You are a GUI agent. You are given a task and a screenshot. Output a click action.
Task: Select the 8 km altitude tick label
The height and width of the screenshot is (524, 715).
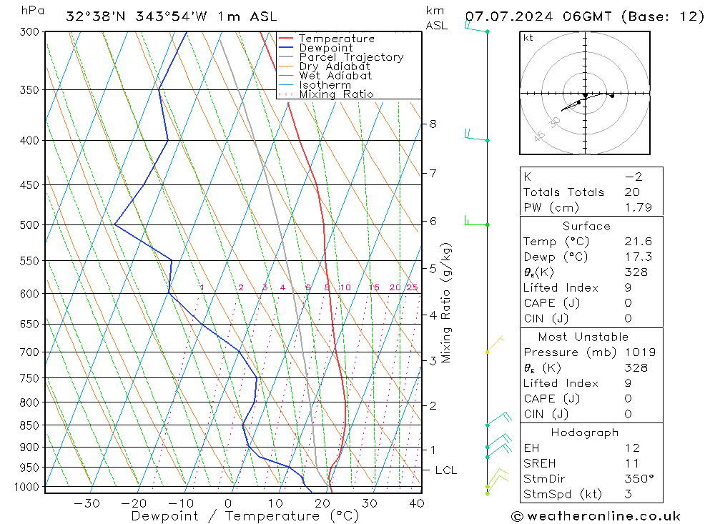click(x=433, y=124)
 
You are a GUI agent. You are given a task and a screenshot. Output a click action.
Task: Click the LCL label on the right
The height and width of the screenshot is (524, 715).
click(x=445, y=470)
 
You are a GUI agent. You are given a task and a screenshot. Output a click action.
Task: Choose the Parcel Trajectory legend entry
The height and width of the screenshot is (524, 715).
click(x=350, y=57)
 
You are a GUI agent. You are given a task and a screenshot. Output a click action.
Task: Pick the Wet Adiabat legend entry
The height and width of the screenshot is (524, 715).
click(x=335, y=76)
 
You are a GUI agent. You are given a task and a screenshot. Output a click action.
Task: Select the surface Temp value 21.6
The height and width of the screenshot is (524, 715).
click(x=637, y=242)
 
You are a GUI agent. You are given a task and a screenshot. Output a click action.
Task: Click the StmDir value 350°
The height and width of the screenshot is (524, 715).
click(x=637, y=478)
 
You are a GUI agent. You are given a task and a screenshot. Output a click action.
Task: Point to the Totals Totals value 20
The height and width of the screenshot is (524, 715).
click(x=632, y=192)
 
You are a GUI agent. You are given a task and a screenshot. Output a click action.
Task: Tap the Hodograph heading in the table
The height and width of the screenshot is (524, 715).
click(x=584, y=432)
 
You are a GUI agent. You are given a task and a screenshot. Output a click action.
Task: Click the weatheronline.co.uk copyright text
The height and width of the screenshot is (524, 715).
click(x=596, y=516)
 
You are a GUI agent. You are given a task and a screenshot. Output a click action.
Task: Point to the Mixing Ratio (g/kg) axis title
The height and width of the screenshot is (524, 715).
click(x=447, y=302)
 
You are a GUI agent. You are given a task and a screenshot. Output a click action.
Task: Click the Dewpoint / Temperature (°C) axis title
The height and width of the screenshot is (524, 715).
click(x=245, y=516)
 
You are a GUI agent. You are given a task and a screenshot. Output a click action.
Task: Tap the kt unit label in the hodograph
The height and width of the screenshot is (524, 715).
click(x=528, y=39)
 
